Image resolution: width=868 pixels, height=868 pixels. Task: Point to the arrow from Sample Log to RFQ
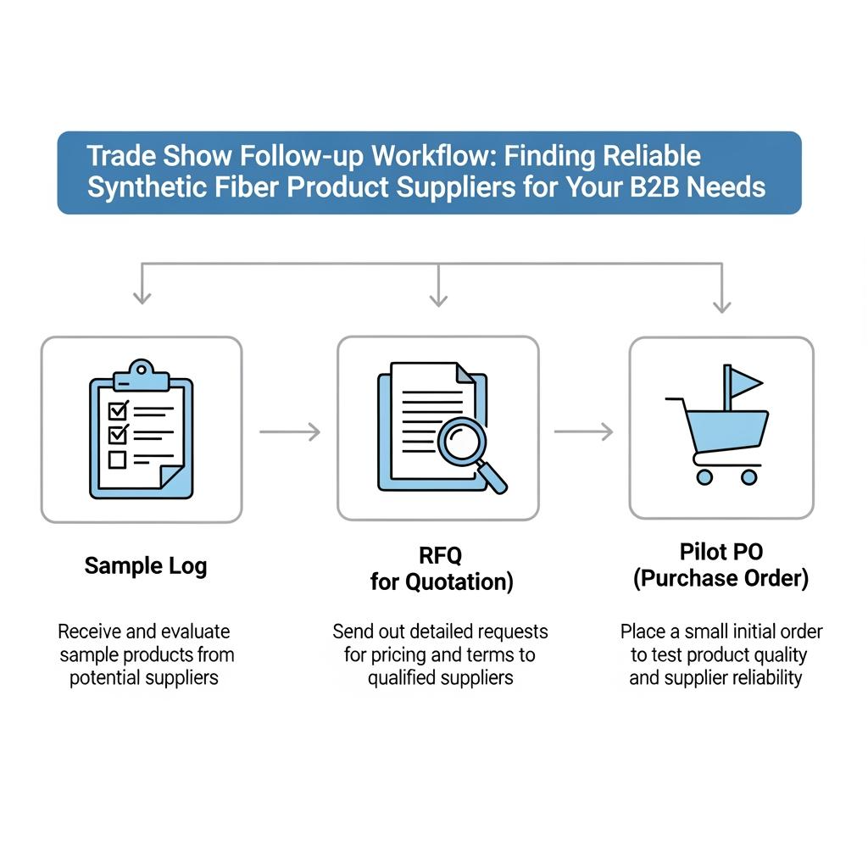289,432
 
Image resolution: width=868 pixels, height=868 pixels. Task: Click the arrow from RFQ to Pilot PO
583,432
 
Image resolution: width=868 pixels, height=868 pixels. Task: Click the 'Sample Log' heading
145,565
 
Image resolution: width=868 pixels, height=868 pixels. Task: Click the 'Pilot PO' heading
721,552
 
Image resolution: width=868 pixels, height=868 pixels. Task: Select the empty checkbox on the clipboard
117,459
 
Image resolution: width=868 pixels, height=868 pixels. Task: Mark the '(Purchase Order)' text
721,579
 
